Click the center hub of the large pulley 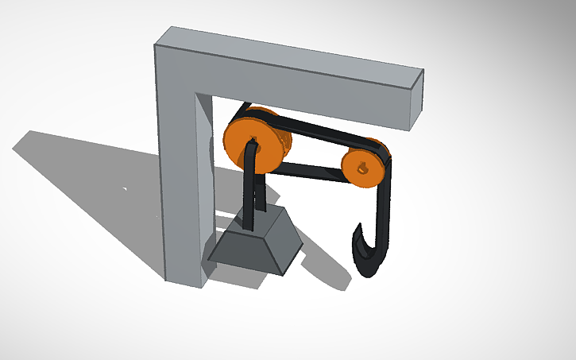254,145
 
